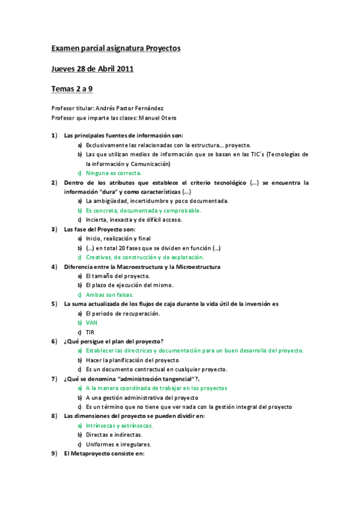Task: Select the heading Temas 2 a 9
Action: tap(72, 90)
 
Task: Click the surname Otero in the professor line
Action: tap(166, 117)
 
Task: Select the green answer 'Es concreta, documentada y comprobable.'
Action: tap(143, 210)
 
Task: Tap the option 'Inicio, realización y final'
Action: tap(118, 238)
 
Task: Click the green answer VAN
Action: tap(91, 322)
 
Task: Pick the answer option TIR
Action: tap(90, 332)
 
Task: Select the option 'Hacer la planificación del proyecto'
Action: tap(132, 360)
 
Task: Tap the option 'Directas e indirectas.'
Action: tap(114, 434)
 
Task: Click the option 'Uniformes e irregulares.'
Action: tap(118, 444)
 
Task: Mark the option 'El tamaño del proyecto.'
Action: tap(118, 275)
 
